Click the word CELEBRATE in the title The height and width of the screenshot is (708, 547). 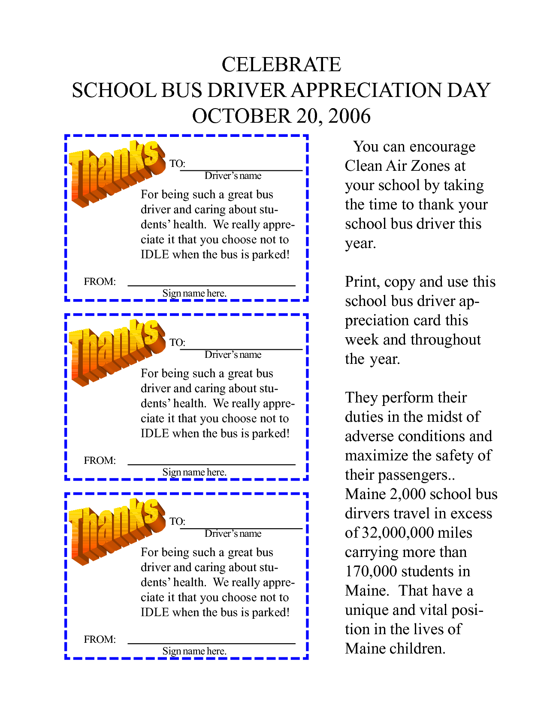click(281, 65)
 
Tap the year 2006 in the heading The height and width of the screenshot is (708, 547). click(349, 116)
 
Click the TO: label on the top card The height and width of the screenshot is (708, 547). click(177, 163)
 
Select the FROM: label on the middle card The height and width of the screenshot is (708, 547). click(100, 460)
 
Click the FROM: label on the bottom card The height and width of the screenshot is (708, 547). click(100, 639)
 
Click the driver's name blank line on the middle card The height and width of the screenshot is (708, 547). click(241, 349)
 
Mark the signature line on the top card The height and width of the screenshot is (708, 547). click(212, 285)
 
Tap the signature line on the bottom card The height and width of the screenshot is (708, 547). click(212, 643)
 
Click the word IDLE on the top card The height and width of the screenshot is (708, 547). click(154, 254)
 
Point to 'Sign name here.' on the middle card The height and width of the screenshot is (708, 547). click(194, 472)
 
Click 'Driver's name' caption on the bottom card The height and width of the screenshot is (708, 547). click(233, 533)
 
